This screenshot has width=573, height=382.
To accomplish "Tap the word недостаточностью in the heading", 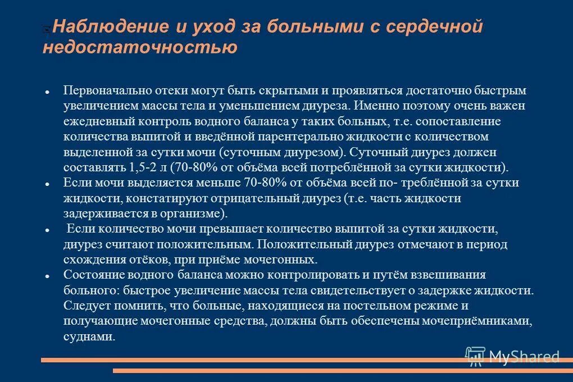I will (139, 48).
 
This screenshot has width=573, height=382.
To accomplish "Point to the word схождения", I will (93, 260).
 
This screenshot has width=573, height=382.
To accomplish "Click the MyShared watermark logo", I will (512, 356).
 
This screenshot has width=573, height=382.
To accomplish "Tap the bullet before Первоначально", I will (49, 91).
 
